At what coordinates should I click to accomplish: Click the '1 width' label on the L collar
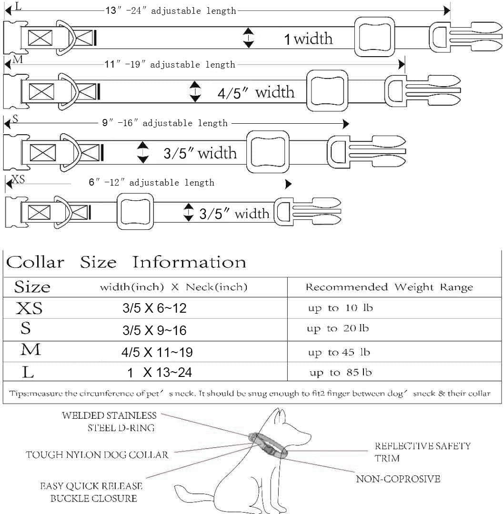tap(308, 38)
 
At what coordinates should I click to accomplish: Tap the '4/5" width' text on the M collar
tap(256, 92)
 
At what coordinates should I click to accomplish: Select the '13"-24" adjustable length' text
tap(171, 10)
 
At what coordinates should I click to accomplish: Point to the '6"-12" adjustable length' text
tap(151, 182)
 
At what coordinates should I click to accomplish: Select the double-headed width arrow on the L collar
tap(248, 38)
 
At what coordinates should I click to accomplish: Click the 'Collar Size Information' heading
tap(126, 262)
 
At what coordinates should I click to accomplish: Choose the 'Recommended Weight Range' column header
tap(389, 287)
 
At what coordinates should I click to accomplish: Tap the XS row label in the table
tap(29, 309)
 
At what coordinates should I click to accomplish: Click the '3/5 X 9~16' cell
tap(154, 330)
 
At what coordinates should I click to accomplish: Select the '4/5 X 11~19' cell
tap(157, 353)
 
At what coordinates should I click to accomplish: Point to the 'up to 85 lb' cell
tap(340, 373)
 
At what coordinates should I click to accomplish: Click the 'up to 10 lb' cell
tap(340, 308)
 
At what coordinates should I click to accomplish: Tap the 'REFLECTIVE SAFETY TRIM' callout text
tap(422, 452)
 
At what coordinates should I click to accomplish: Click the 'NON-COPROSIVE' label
tap(398, 478)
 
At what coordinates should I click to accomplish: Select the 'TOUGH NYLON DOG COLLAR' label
tap(97, 455)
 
